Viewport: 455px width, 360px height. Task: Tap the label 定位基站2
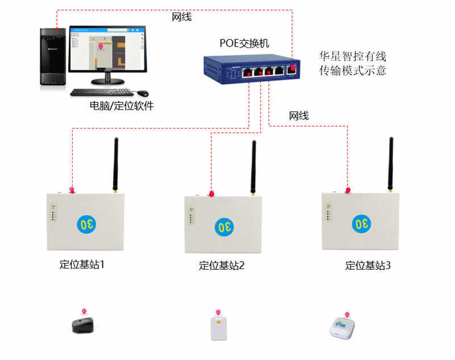[222, 265]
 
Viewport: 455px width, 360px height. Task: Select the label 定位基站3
[368, 265]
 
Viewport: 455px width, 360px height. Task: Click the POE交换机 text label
[244, 43]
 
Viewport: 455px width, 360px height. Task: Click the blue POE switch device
[253, 68]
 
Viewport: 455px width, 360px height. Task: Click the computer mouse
[142, 93]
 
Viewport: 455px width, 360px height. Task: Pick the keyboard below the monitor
[102, 92]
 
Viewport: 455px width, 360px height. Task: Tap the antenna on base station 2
[253, 167]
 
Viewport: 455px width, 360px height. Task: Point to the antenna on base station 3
[391, 164]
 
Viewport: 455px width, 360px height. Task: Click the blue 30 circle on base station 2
[224, 227]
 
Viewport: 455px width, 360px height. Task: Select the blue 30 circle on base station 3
[362, 224]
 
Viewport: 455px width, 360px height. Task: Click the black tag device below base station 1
[84, 325]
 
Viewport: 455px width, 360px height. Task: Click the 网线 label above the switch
[182, 17]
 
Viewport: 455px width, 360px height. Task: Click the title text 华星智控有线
[353, 57]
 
